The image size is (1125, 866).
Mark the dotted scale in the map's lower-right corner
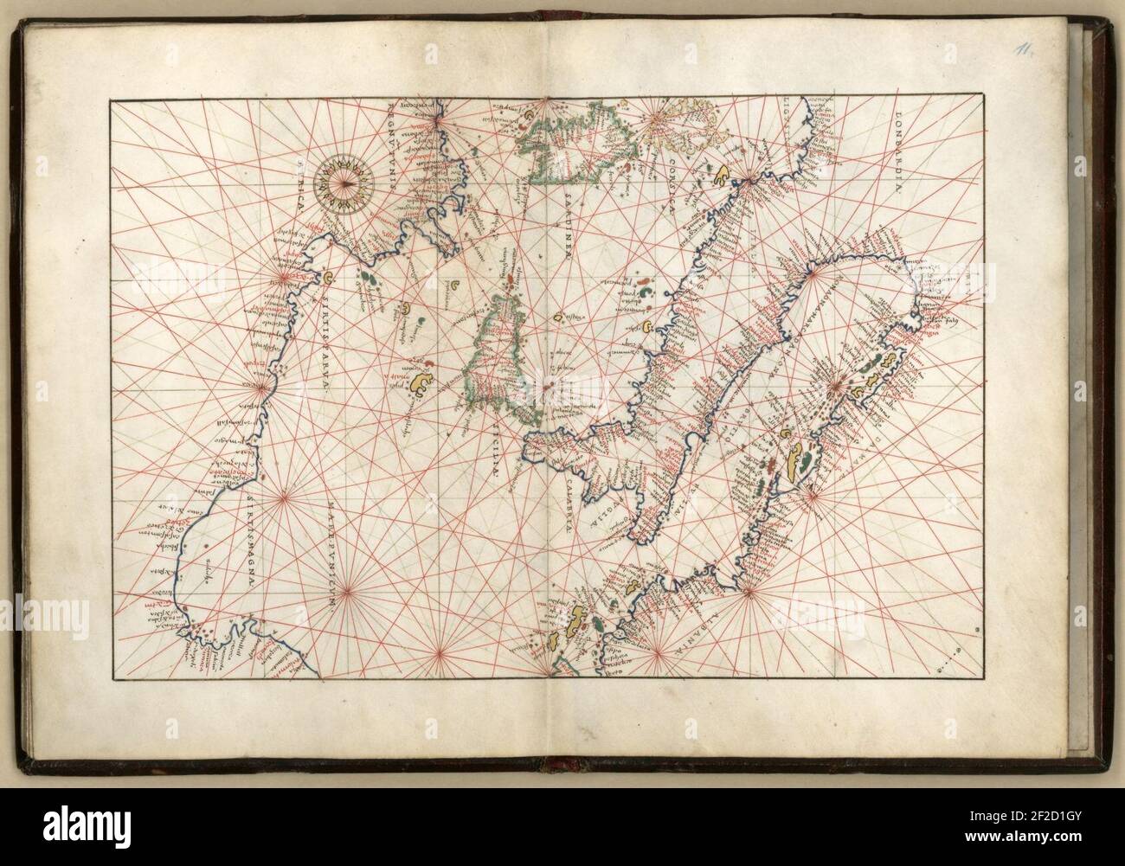click(956, 664)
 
